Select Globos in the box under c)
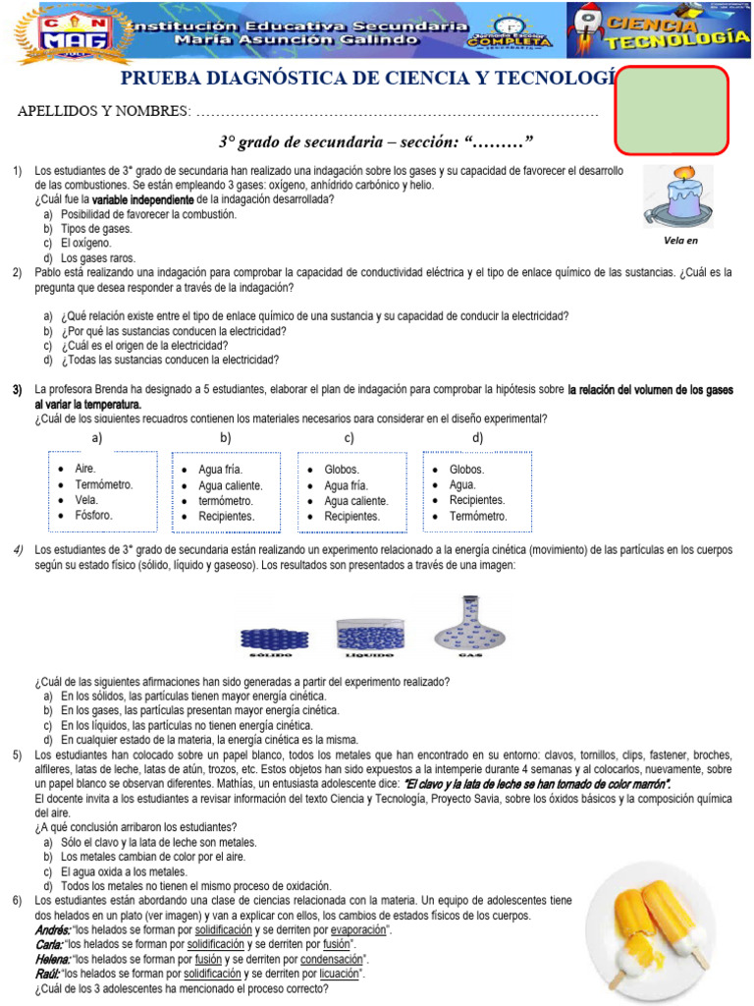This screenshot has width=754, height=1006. (342, 470)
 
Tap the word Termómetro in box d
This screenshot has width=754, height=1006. (478, 516)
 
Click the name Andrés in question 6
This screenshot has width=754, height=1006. (52, 929)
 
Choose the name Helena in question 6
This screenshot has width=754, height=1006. (52, 959)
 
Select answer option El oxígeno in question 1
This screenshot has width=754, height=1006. (86, 243)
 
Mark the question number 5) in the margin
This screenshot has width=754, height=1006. (18, 754)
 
